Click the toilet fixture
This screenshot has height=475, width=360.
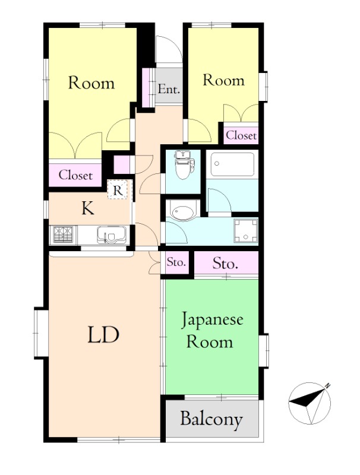(x=182, y=165)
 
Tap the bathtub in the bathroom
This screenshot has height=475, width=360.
(x=232, y=164)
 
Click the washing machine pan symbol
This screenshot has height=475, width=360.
(x=246, y=230)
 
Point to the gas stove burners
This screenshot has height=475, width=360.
(x=63, y=235)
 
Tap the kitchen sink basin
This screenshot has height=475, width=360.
(x=112, y=235)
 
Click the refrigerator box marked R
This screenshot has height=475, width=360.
(x=118, y=189)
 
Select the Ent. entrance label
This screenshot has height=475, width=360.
(x=169, y=89)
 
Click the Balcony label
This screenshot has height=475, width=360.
(x=211, y=419)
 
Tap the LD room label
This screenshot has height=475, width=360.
(x=103, y=334)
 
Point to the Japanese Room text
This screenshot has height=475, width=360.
(x=212, y=331)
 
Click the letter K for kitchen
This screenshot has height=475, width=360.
(x=87, y=208)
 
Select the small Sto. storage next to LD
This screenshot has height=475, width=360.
(x=176, y=262)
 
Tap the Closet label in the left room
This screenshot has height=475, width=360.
(x=75, y=175)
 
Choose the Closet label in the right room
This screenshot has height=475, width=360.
(x=241, y=135)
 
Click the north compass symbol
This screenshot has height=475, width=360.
(x=310, y=403)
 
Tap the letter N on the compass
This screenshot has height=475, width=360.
(x=327, y=385)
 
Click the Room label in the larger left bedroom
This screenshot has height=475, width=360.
(x=91, y=83)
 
